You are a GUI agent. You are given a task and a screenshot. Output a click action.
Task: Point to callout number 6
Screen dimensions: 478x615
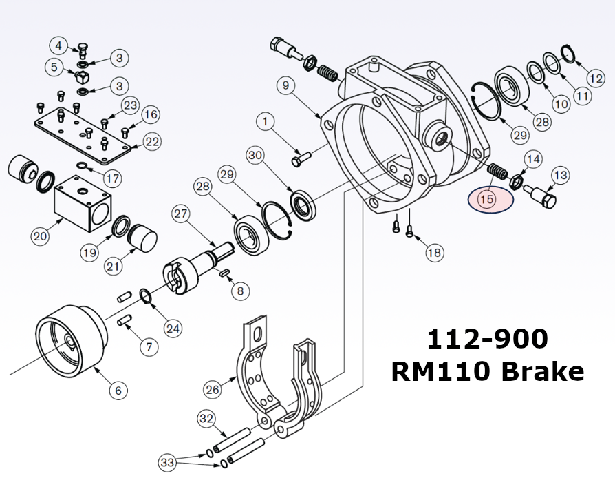(118, 391)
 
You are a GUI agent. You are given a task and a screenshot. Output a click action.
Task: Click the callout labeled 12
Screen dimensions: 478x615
(596, 77)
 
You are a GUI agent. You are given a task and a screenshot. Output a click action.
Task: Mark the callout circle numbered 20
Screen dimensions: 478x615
(40, 236)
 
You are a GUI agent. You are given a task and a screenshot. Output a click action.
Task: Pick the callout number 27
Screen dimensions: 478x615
(181, 214)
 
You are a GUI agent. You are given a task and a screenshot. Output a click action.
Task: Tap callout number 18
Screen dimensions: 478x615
(434, 253)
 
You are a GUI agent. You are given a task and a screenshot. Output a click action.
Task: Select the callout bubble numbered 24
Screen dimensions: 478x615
(173, 328)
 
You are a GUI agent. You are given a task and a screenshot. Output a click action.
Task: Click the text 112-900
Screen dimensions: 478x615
(487, 339)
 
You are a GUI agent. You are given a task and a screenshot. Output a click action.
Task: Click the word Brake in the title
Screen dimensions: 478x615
(545, 371)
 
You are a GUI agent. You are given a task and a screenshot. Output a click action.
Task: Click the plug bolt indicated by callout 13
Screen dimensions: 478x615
(543, 198)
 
